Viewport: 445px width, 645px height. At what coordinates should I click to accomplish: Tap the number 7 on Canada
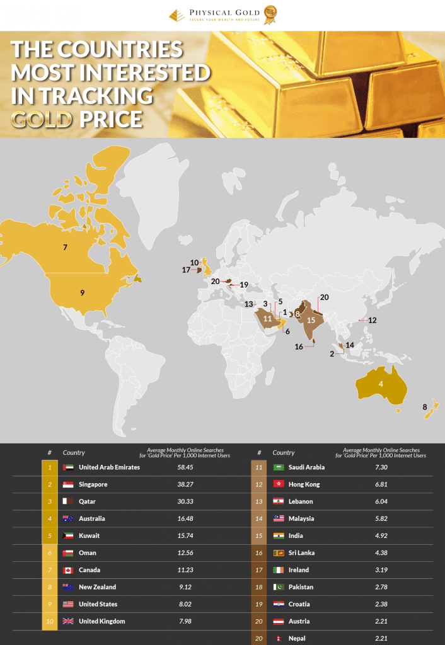[x=65, y=248]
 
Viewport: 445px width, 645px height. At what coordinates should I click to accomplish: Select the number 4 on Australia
[x=381, y=383]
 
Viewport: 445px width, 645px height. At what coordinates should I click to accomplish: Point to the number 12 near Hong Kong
[x=373, y=320]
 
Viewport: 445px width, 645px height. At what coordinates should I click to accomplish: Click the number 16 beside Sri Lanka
[x=299, y=346]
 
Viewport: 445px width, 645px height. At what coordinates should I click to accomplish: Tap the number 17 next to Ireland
[x=186, y=270]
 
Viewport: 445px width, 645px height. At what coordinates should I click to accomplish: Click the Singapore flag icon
[x=69, y=484]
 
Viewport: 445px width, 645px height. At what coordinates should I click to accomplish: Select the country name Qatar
[x=88, y=501]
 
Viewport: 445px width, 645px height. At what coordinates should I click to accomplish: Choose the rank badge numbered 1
[x=50, y=467]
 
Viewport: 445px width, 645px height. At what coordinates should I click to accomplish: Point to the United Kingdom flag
[x=69, y=621]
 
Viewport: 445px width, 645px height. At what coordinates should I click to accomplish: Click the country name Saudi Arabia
[x=309, y=467]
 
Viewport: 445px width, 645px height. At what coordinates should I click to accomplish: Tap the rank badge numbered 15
[x=259, y=535]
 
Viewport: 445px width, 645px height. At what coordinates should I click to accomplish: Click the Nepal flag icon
[x=279, y=638]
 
